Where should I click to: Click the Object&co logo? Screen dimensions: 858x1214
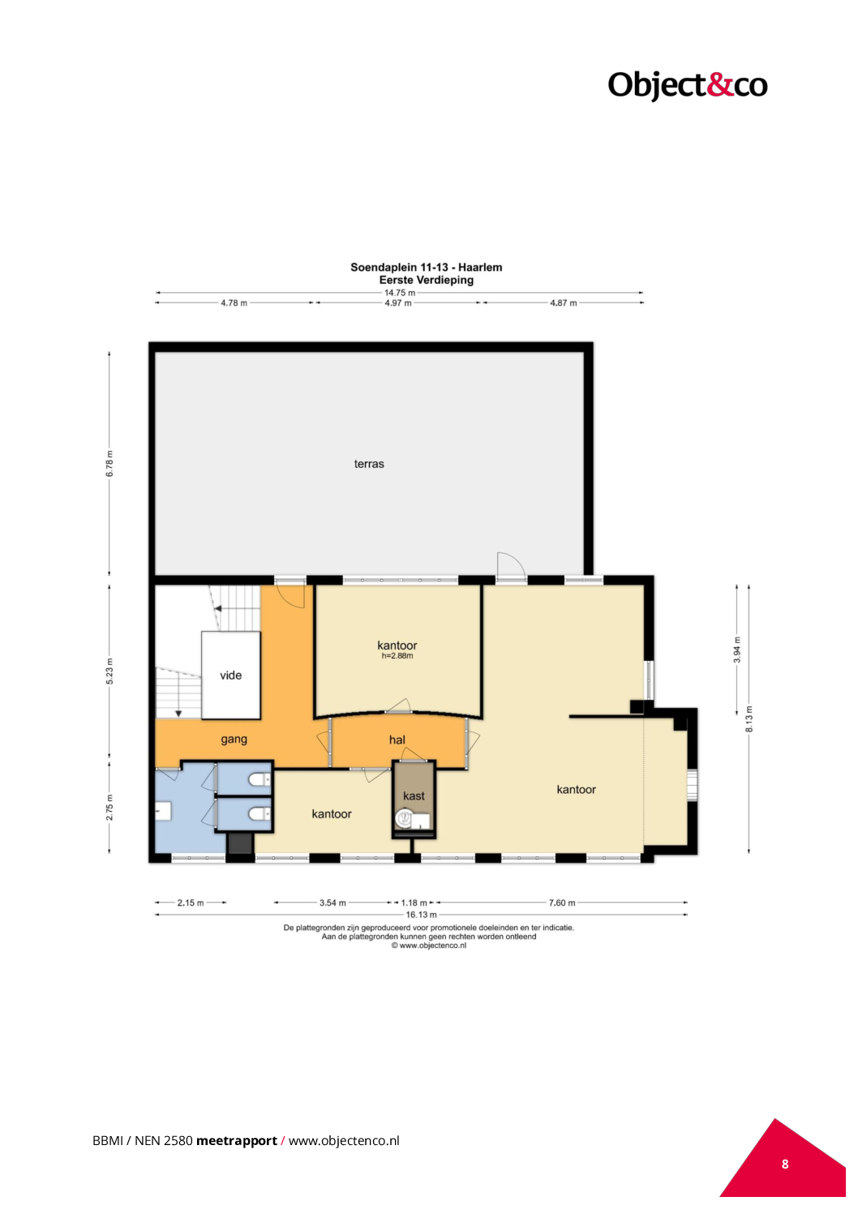click(687, 86)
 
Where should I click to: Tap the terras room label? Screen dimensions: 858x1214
click(369, 464)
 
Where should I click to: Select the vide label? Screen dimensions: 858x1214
click(231, 676)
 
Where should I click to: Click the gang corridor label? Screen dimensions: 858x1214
click(234, 740)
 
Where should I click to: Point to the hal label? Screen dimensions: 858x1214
click(397, 740)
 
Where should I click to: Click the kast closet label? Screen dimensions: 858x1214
click(414, 796)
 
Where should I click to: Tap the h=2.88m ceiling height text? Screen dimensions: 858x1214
click(397, 656)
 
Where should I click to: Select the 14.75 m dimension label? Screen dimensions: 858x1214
click(400, 293)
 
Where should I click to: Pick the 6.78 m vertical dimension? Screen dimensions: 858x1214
click(109, 464)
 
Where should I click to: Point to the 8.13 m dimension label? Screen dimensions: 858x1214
click(749, 719)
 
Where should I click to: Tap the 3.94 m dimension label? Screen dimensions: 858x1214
click(736, 650)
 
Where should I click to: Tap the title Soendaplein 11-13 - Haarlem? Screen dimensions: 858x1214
click(426, 267)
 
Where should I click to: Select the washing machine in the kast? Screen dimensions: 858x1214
click(404, 818)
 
